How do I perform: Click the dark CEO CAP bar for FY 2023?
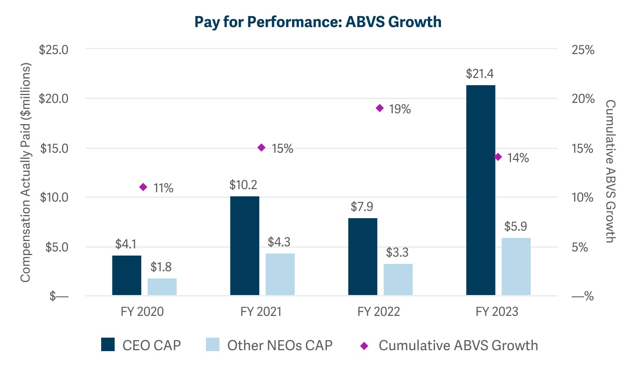click(x=480, y=190)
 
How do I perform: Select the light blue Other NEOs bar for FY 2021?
click(x=280, y=274)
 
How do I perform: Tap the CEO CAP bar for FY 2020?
click(x=127, y=275)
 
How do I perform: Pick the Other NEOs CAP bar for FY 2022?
click(x=398, y=279)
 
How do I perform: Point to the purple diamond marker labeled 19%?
click(x=379, y=108)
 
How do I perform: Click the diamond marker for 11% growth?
click(x=143, y=187)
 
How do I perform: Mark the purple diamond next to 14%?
click(x=498, y=157)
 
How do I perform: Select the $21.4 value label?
click(x=480, y=74)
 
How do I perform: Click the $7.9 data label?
click(x=362, y=207)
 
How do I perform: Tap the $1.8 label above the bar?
click(x=161, y=267)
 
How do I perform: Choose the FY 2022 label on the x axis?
click(x=379, y=312)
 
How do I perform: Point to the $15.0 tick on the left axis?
click(x=54, y=148)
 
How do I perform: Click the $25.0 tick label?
click(x=54, y=49)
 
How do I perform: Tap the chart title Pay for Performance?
click(x=317, y=22)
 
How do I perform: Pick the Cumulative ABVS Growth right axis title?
click(x=611, y=171)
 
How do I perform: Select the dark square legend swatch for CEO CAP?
click(x=108, y=345)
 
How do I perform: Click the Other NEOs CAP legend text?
click(x=280, y=345)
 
